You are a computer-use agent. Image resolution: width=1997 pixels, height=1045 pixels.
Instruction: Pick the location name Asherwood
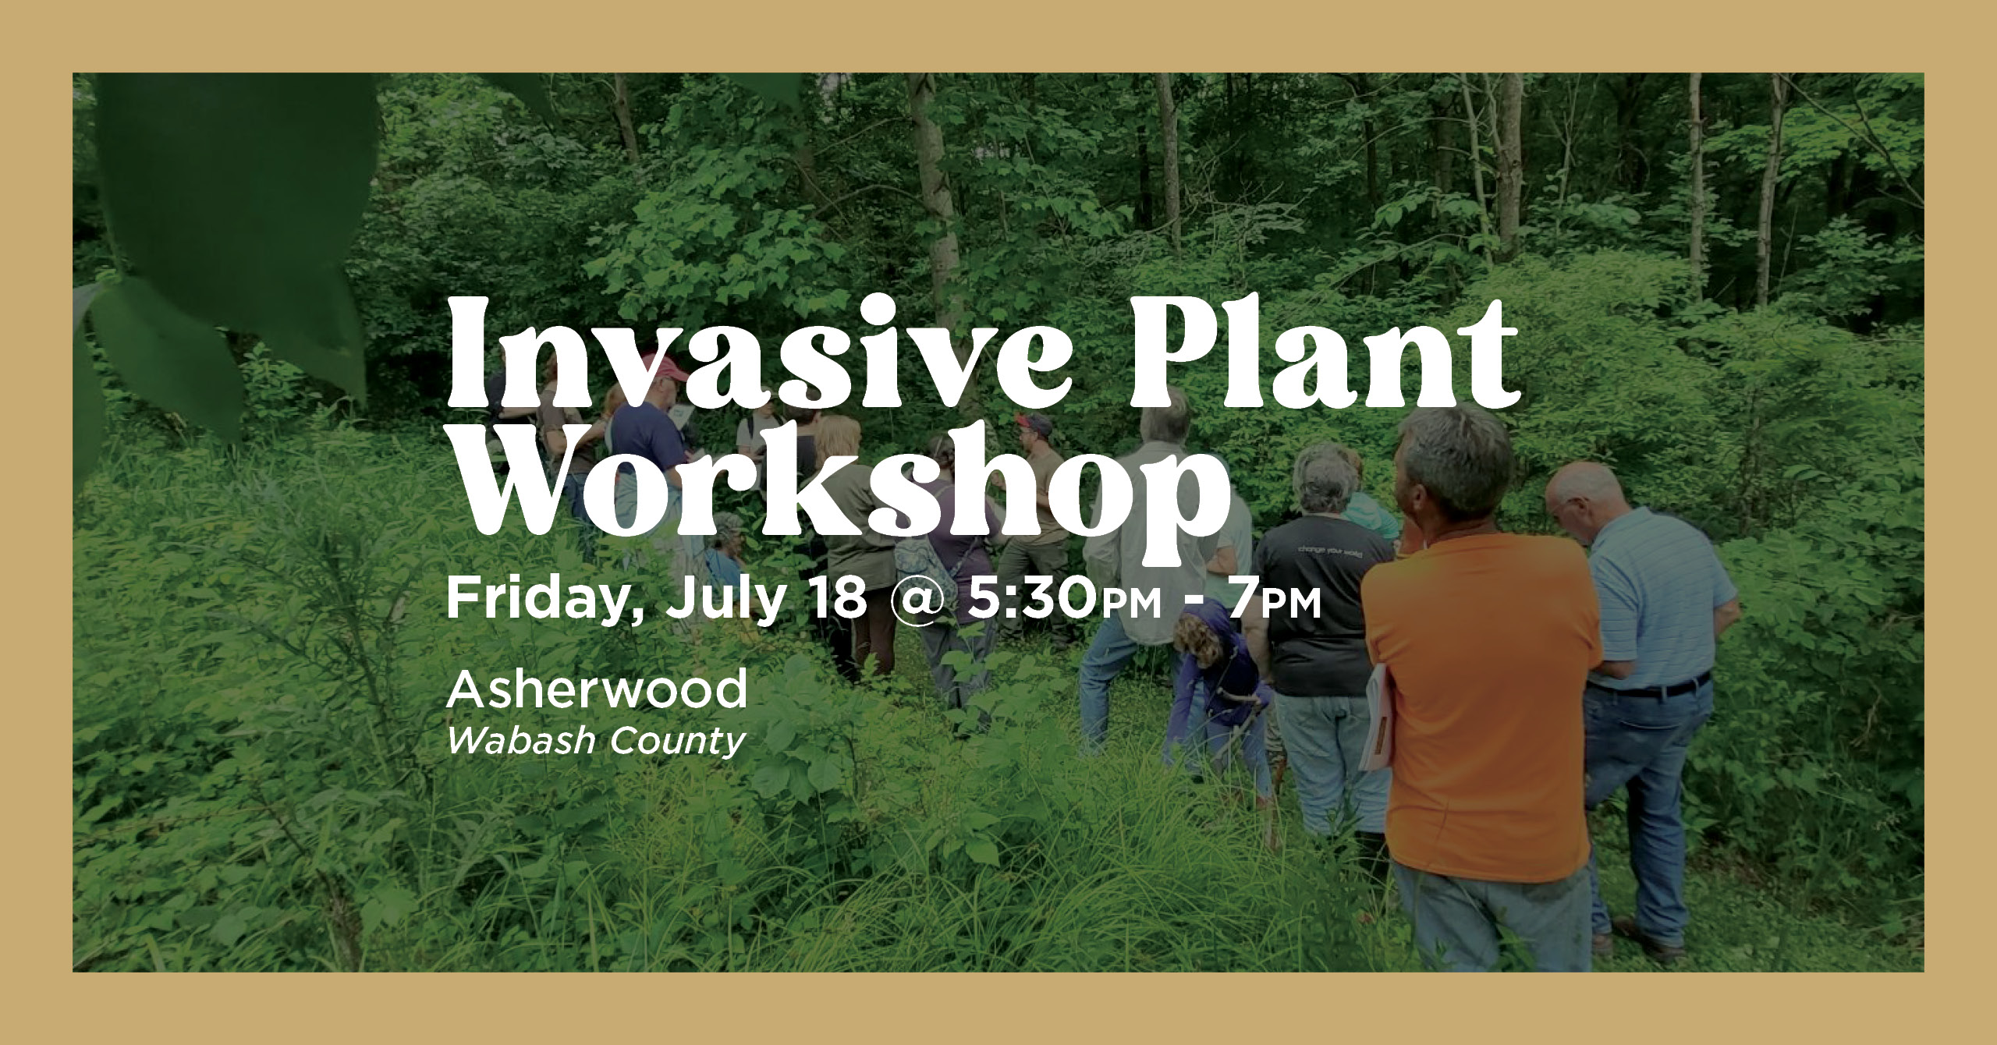click(x=597, y=689)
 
